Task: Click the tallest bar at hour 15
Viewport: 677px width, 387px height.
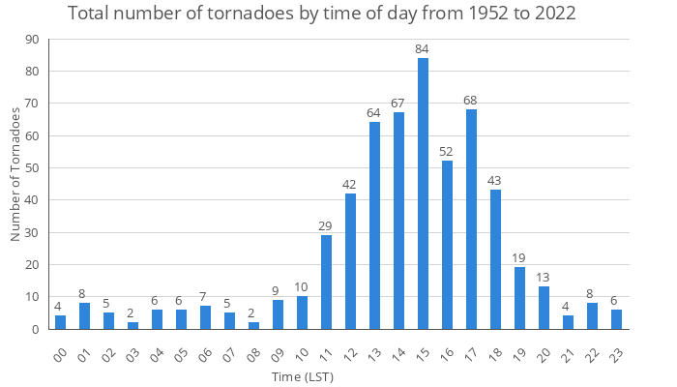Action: [423, 193]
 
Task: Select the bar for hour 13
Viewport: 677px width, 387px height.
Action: [374, 225]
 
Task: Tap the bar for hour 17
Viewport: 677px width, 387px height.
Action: [471, 219]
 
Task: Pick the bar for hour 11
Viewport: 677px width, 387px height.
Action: [326, 282]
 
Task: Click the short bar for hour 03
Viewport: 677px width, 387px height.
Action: [132, 326]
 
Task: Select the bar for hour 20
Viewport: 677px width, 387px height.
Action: [544, 308]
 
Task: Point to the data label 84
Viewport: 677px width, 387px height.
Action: [423, 49]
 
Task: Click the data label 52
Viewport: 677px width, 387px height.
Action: [447, 152]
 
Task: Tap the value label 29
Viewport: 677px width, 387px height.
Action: [326, 226]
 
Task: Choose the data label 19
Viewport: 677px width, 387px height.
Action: [519, 258]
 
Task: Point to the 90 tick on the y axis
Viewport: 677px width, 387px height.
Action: [33, 40]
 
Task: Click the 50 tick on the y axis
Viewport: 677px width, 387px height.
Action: [33, 168]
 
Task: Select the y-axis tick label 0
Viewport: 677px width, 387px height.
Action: [36, 329]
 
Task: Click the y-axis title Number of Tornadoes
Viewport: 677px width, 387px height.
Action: [16, 174]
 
